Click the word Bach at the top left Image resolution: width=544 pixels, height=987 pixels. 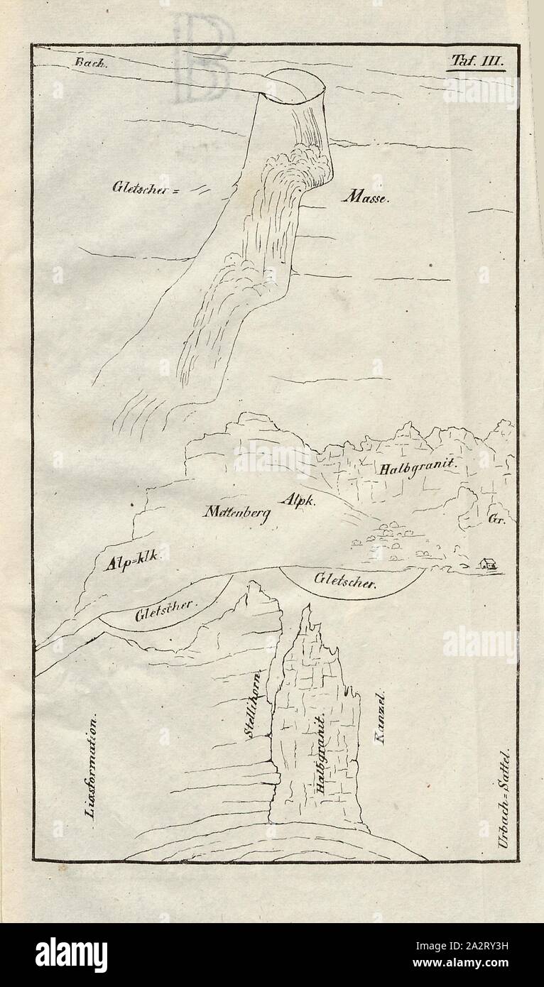coord(89,62)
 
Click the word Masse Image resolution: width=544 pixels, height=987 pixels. coord(365,199)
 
